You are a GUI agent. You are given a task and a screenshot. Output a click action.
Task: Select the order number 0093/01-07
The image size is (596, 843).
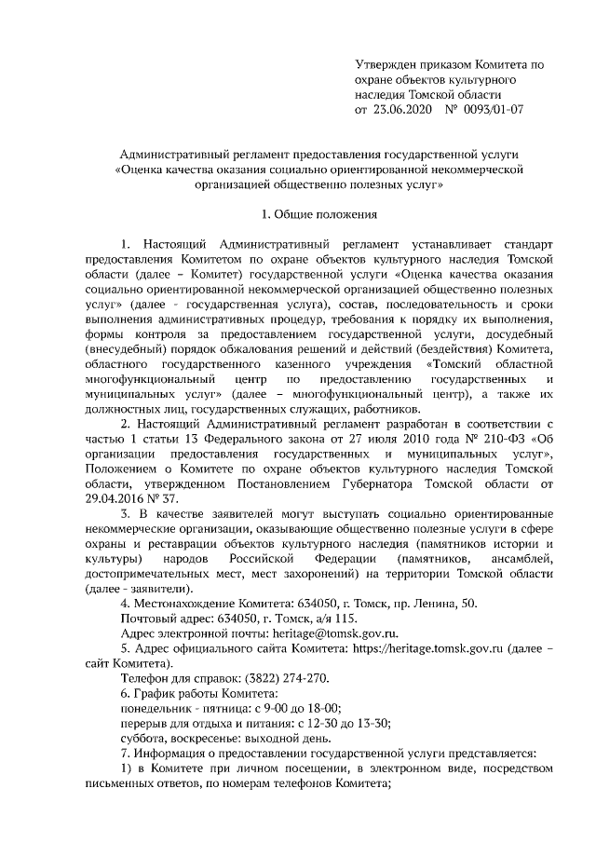point(493,110)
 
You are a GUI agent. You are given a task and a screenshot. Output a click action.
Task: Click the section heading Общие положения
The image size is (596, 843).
point(324,215)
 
